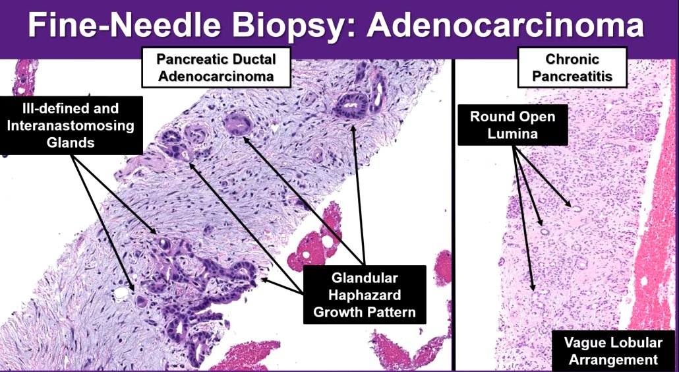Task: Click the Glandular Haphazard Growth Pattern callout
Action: point(365,294)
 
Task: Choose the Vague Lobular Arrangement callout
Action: point(610,351)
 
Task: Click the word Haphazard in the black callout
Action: point(365,294)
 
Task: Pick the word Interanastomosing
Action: point(72,125)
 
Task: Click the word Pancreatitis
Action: point(572,77)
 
